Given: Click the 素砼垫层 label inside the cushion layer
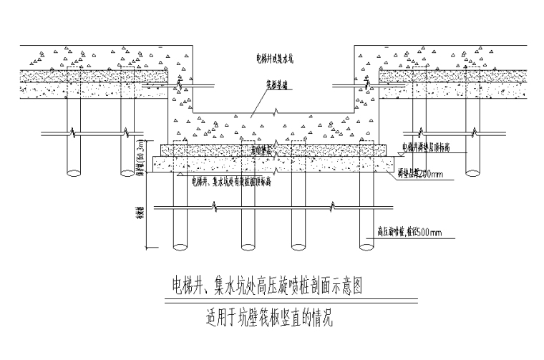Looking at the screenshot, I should tap(261, 151).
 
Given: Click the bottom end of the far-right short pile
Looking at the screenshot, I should tap(472, 172).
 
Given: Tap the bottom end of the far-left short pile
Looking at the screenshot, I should tap(73, 172).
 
